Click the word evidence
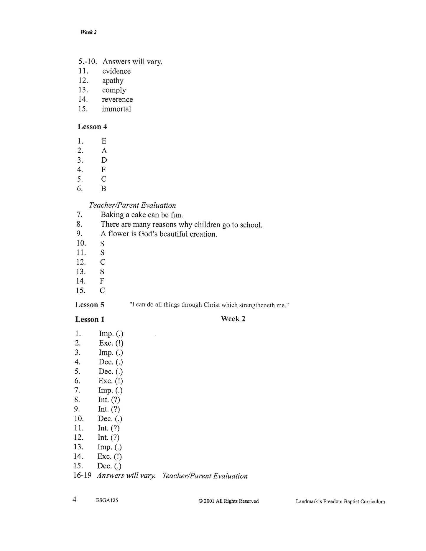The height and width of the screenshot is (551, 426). coord(116,71)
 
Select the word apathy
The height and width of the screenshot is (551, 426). coord(113,81)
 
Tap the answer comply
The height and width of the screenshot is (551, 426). coord(114,90)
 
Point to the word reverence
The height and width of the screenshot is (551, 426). coord(117,100)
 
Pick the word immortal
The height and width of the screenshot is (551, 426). coord(116,109)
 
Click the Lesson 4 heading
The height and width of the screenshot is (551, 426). coord(92,127)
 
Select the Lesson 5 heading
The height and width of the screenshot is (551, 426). coord(90,305)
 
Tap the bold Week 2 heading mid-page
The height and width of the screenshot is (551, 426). coord(233,319)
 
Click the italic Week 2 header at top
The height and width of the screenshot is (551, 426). coord(88,32)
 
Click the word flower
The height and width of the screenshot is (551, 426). coord(119,234)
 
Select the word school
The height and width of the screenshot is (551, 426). coord(251,225)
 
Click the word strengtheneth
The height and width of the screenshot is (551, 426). coord(257,305)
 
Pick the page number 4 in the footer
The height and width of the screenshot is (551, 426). coord(75,500)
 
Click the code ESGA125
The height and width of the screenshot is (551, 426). coord(107,500)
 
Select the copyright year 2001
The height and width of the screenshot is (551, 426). coord(209,501)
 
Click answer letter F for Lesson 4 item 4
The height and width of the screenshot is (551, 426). coord(103,170)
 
